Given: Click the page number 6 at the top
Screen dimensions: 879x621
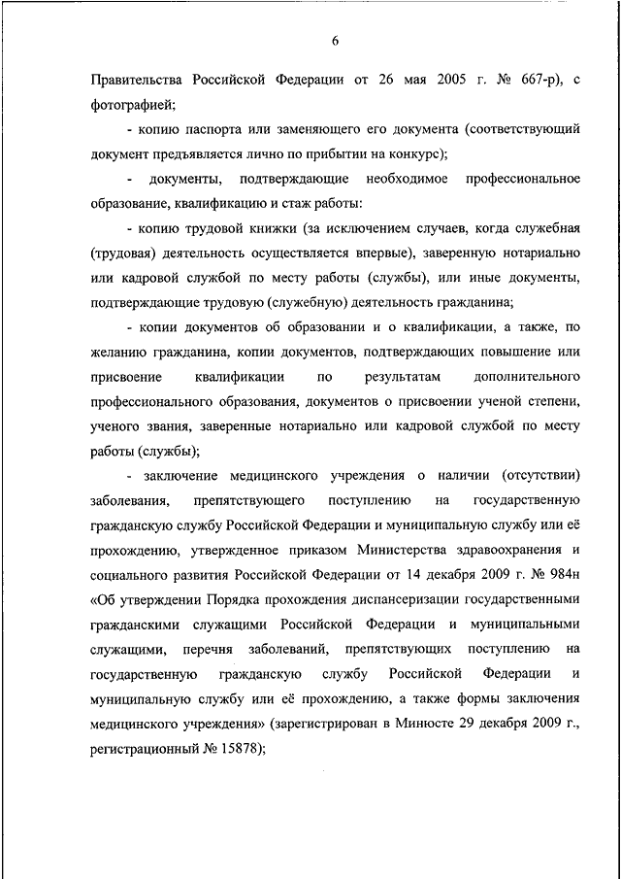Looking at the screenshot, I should [335, 40].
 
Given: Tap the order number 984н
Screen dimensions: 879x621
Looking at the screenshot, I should [562, 575].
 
